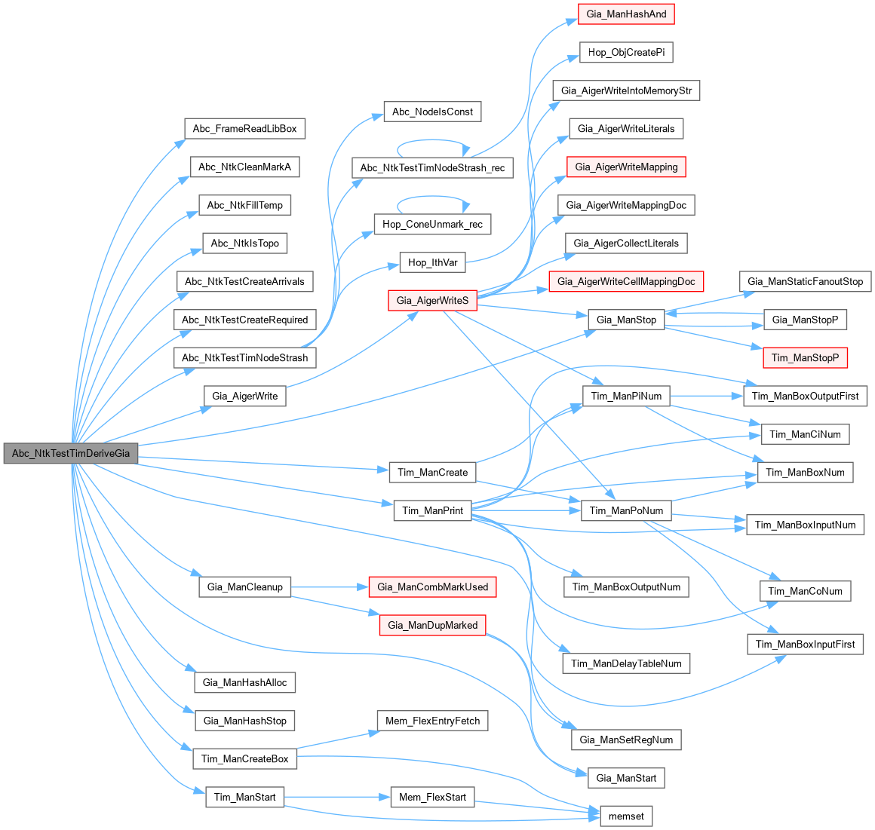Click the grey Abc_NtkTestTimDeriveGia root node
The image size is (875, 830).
(x=71, y=454)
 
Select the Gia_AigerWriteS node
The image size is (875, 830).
(x=433, y=301)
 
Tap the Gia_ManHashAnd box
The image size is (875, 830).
(x=626, y=14)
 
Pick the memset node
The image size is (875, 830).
(x=626, y=816)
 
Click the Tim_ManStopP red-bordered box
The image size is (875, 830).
(x=805, y=358)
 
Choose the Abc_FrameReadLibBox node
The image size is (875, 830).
(x=244, y=129)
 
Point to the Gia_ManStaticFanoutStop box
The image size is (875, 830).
(x=805, y=282)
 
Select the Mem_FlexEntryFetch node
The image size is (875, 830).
(x=432, y=721)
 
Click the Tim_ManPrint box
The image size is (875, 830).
(x=432, y=511)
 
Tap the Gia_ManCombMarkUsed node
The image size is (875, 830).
(x=432, y=587)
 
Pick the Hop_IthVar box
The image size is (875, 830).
(x=432, y=263)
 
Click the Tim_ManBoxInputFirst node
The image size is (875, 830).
(x=805, y=645)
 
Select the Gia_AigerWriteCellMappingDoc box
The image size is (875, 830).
(x=626, y=282)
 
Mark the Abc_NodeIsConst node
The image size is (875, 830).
(x=432, y=112)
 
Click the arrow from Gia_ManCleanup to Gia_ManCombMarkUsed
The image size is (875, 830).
(x=329, y=587)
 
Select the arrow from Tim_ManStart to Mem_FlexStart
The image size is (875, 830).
(x=336, y=798)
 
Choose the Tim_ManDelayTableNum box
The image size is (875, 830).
(x=626, y=664)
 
